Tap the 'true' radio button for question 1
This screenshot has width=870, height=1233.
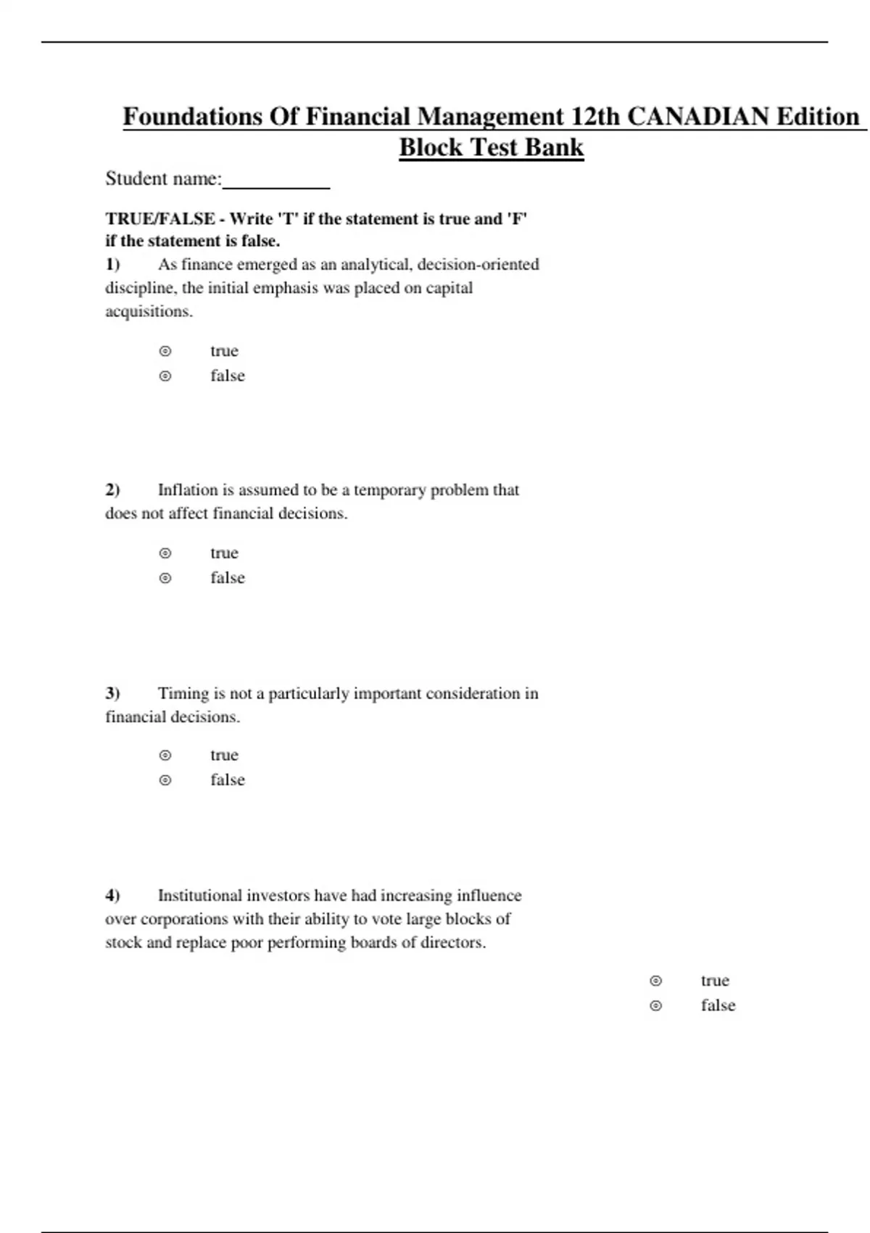165,352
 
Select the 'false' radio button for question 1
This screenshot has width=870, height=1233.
165,376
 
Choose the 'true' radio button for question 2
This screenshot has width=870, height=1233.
165,553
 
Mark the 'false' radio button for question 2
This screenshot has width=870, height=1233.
165,578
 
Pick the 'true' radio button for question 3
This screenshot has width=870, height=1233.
165,756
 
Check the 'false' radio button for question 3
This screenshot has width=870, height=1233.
165,780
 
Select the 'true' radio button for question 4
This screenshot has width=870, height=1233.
656,981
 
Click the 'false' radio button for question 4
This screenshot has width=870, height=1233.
656,1006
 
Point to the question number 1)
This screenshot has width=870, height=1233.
112,265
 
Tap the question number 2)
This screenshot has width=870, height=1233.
112,490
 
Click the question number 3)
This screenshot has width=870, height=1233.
112,693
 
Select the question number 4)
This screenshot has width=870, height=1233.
112,896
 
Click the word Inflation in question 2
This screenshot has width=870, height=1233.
188,490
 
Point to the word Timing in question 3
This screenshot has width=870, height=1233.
183,693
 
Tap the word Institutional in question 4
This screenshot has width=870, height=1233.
199,896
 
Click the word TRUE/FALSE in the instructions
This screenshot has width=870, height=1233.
160,219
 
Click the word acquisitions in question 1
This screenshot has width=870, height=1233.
149,312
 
